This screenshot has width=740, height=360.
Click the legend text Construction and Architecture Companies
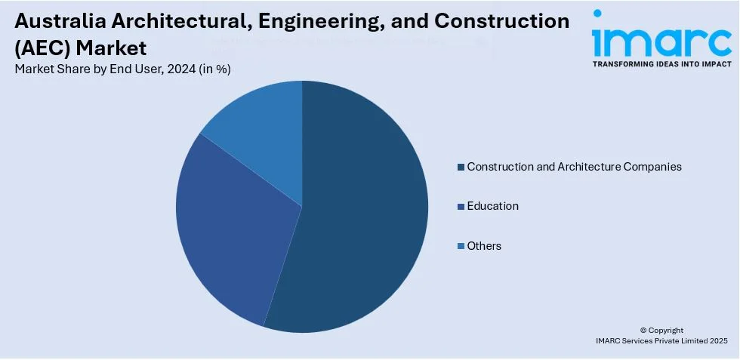coord(574,166)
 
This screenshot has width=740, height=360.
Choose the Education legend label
coord(492,206)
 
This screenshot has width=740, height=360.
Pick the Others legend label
coord(484,246)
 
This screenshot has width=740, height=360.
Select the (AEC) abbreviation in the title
coord(39,48)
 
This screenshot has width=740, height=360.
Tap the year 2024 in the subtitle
coord(168,69)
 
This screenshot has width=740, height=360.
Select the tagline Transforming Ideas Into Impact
coord(661,64)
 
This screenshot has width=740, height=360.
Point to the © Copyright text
coord(661,330)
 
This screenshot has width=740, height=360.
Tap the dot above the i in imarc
coord(598,14)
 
